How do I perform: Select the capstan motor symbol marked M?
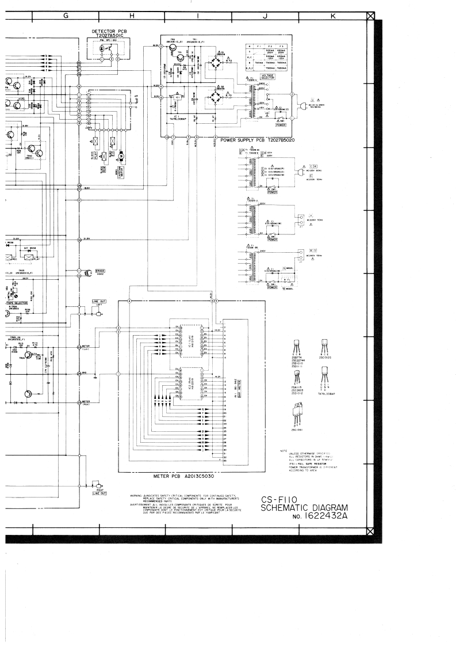(121, 156)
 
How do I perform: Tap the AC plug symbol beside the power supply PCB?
(304, 106)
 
